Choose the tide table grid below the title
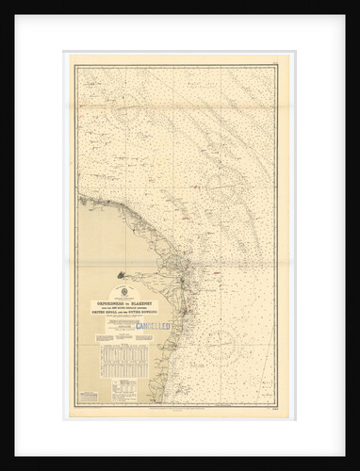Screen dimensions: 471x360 click(120, 363)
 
